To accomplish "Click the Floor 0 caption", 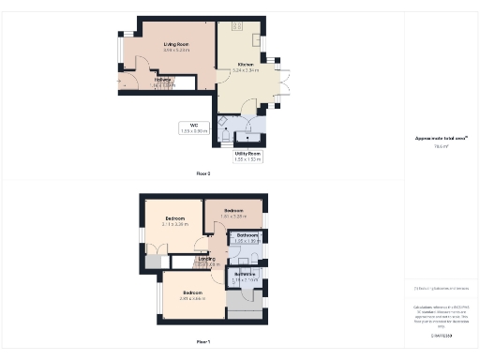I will pos(202,173).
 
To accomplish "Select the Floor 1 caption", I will pos(202,341).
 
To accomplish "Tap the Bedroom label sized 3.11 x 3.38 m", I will pos(175,219).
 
